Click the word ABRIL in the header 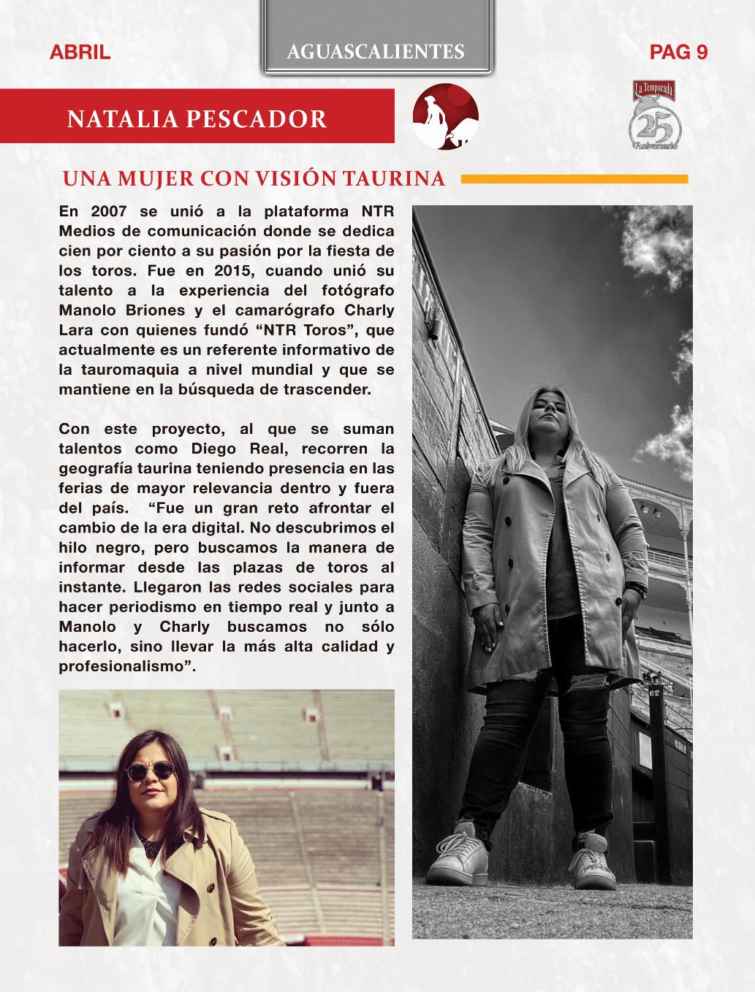[80, 53]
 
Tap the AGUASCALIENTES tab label [376, 51]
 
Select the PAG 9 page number [678, 53]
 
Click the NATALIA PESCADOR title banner [197, 118]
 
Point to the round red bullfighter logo [445, 117]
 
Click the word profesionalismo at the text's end [124, 666]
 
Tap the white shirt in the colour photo [150, 891]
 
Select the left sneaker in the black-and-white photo [458, 852]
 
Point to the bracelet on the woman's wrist [642, 586]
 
